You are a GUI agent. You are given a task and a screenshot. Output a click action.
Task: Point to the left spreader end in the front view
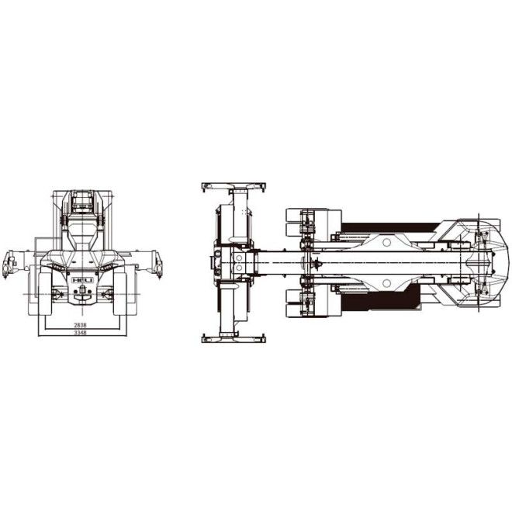tap(9, 264)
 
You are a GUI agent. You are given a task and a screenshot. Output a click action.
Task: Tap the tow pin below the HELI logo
tap(80, 292)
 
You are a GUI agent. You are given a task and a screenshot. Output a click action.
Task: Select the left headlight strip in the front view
tap(56, 267)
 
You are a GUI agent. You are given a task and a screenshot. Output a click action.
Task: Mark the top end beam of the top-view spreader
tap(233, 186)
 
